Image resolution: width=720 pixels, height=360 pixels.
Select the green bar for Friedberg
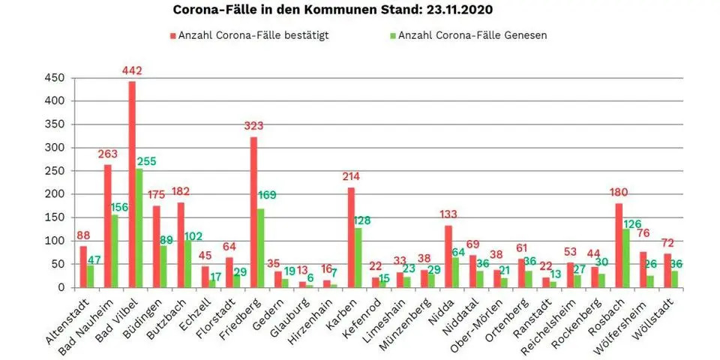point(260,248)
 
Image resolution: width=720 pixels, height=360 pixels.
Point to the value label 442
point(132,71)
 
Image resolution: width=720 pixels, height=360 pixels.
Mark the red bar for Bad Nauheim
point(108,226)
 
